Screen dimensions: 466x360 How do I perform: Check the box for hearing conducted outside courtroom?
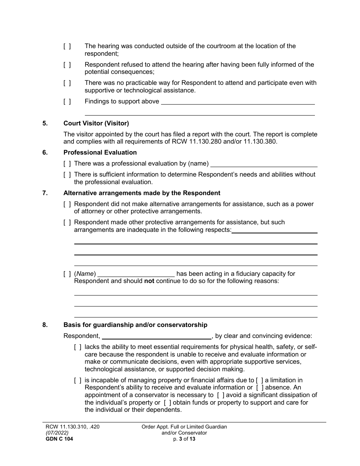pyautogui.click(x=67, y=46)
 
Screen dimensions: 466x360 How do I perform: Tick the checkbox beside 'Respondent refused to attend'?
pyautogui.click(x=67, y=65)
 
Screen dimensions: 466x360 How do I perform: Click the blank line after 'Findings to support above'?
pyautogui.click(x=238, y=102)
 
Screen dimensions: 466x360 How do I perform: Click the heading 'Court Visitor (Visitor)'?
pyautogui.click(x=96, y=123)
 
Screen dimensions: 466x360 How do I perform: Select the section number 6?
pyautogui.click(x=45, y=153)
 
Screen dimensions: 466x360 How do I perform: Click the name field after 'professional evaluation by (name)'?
pyautogui.click(x=264, y=164)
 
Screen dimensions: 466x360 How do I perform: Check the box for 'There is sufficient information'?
pyautogui.click(x=67, y=175)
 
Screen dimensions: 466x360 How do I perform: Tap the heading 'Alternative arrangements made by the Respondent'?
pyautogui.click(x=142, y=193)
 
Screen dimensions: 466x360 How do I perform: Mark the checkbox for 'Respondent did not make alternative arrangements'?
pyautogui.click(x=67, y=204)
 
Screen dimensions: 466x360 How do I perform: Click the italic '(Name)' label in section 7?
pyautogui.click(x=85, y=274)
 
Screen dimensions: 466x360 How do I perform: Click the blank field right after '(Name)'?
pyautogui.click(x=136, y=274)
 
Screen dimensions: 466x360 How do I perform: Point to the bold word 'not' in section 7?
pyautogui.click(x=149, y=281)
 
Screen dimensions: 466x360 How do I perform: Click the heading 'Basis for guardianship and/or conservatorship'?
pyautogui.click(x=135, y=325)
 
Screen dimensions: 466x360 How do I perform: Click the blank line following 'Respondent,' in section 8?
pyautogui.click(x=157, y=336)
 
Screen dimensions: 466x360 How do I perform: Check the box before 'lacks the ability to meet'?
pyautogui.click(x=78, y=347)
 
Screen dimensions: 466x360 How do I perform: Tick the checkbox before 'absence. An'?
pyautogui.click(x=260, y=388)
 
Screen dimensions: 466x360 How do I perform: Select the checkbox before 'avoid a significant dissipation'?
pyautogui.click(x=221, y=395)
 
